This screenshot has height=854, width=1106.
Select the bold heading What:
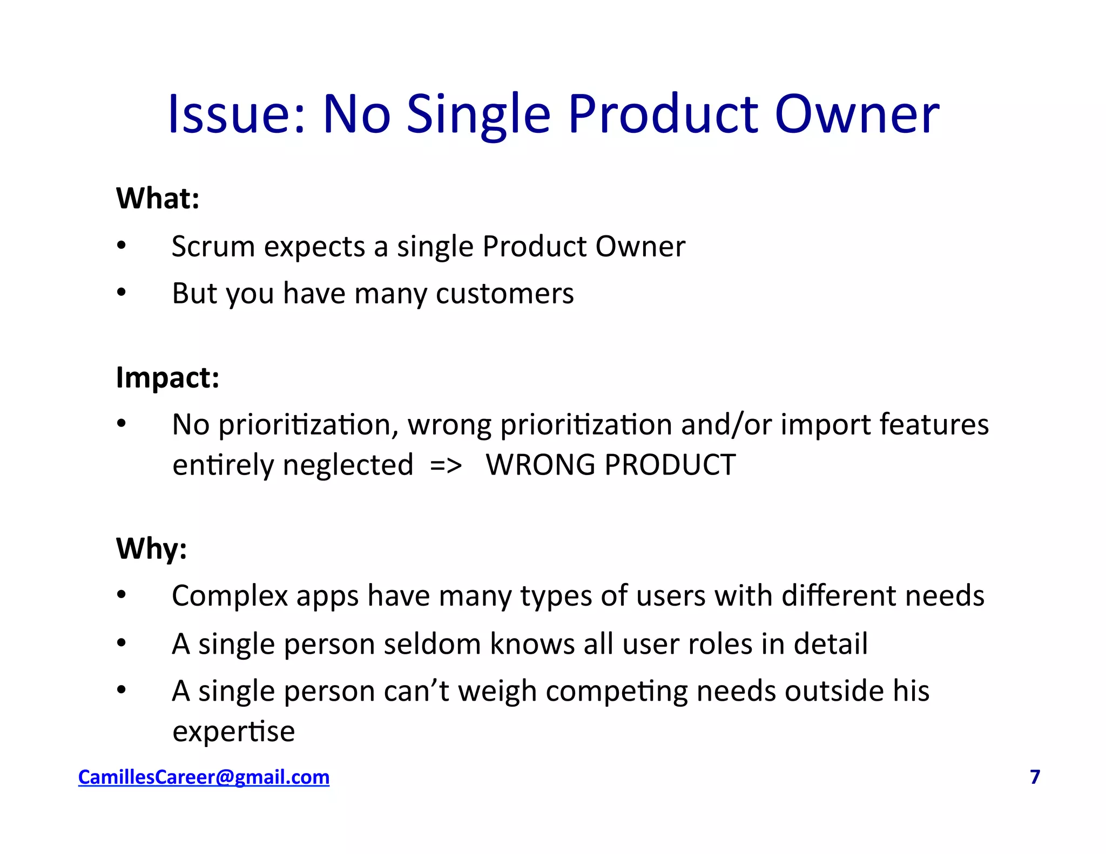point(158,198)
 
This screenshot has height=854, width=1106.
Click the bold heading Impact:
point(167,377)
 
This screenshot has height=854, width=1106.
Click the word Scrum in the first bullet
point(213,247)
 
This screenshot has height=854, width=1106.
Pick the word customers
point(504,294)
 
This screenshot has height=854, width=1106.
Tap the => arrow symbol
point(446,465)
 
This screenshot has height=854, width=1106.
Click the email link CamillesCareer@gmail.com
point(204,777)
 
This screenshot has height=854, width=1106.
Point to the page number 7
point(1035,777)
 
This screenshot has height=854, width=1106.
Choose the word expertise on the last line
point(233,732)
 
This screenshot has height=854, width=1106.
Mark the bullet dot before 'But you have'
point(122,293)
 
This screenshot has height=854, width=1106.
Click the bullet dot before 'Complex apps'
point(122,595)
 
